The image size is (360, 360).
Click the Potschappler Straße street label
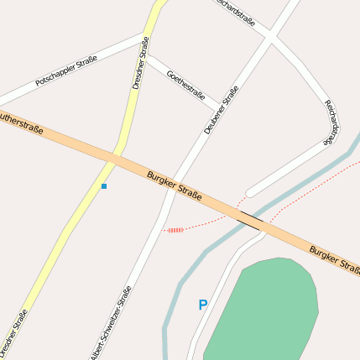(66, 71)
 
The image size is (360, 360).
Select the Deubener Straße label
(221, 110)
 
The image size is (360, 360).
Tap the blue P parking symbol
(202, 305)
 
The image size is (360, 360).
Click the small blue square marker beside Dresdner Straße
(104, 185)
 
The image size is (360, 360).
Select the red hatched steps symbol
(175, 229)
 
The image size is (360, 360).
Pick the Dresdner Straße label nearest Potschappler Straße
(141, 63)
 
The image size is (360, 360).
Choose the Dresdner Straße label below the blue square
(16, 332)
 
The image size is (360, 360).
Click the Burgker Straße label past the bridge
(334, 260)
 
